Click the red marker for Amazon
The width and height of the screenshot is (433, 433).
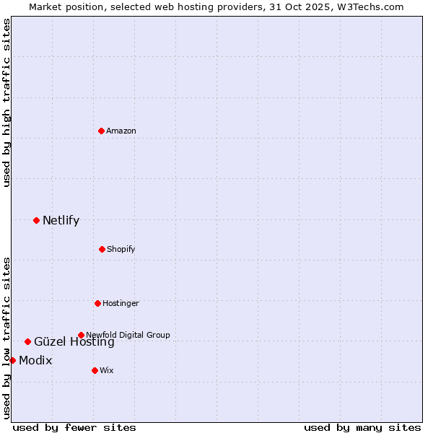[102, 131]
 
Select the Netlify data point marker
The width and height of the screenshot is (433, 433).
[36, 220]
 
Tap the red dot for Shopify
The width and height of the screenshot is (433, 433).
[102, 249]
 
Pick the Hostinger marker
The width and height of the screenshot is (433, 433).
[97, 303]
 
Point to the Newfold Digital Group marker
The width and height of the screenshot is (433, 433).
[81, 335]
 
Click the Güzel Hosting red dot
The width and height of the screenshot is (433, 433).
[27, 341]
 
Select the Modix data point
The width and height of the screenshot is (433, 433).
[12, 360]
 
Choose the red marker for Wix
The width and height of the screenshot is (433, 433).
[95, 370]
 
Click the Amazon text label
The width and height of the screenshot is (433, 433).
[121, 131]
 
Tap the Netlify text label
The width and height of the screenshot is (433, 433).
[61, 220]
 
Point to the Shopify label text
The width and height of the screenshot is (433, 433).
[121, 249]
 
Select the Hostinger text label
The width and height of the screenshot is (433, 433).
[121, 303]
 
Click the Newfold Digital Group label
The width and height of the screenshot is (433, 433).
[128, 335]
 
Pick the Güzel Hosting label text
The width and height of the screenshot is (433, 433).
[74, 343]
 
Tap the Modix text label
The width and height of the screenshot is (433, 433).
[35, 360]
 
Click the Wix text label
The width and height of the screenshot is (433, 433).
[107, 370]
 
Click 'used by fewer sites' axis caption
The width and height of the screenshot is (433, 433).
[74, 427]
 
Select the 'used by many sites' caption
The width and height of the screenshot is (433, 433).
[362, 427]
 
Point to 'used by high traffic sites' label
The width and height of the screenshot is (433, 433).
[6, 102]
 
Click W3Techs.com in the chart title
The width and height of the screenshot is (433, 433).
[367, 6]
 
